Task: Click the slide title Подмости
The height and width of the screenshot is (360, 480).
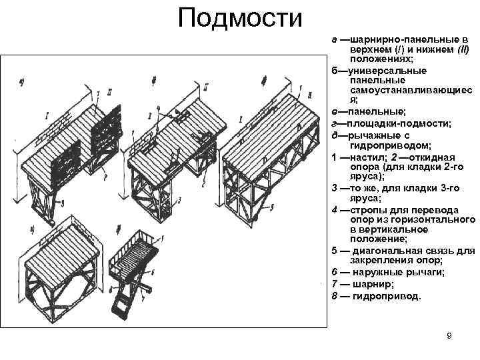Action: (x=240, y=18)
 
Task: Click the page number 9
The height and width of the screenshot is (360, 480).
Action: (x=449, y=335)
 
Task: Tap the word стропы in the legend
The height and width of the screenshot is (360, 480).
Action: (x=365, y=209)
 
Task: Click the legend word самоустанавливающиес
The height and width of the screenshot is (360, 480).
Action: (x=409, y=90)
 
